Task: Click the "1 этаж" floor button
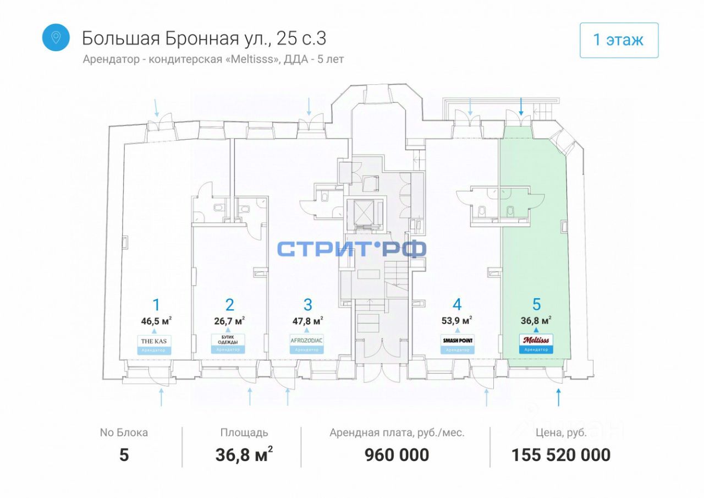point(619,40)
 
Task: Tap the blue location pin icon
point(56,37)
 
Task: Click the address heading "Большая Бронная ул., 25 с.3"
point(204,38)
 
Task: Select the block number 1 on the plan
point(156,305)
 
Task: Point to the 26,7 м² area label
point(229,320)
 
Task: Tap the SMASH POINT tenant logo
point(457,341)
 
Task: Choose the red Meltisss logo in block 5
point(536,340)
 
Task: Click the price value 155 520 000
point(561,455)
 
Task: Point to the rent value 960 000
point(397,455)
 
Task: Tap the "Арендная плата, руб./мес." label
point(397,433)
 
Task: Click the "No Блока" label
point(124,433)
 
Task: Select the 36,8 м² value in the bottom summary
point(244,455)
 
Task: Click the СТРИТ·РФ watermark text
point(351,249)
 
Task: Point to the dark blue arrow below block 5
point(559,397)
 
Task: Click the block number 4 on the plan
point(457,305)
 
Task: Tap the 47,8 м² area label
point(307,320)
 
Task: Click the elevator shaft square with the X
point(363,212)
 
